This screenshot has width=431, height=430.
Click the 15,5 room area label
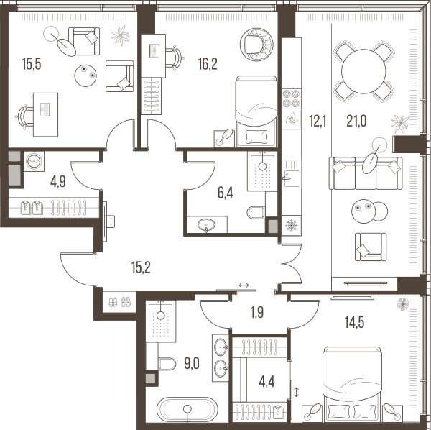tap(32, 65)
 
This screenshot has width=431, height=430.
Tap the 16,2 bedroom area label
tap(208, 65)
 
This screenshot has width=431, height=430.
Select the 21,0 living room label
tap(356, 121)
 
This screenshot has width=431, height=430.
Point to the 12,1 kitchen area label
tap(318, 121)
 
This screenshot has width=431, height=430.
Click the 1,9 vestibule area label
tap(257, 313)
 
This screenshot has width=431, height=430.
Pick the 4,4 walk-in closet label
tap(267, 382)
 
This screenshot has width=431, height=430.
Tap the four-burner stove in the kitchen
tap(292, 99)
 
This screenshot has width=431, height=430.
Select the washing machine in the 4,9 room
tap(34, 161)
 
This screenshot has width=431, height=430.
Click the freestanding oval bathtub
tap(187, 409)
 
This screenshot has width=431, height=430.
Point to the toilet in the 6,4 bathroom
tap(256, 212)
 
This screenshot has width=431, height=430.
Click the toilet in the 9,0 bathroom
tap(167, 364)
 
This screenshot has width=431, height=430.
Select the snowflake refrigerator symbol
tap(292, 225)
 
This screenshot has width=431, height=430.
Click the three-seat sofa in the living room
tap(366, 173)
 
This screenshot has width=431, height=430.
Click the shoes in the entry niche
tap(120, 302)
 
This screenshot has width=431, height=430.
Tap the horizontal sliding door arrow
tap(244, 285)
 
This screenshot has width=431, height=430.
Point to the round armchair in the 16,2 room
tap(256, 44)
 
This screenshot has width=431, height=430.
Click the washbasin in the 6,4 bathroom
tap(206, 225)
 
